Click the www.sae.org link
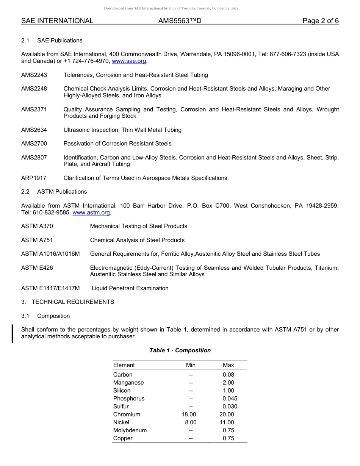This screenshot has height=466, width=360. pos(129,61)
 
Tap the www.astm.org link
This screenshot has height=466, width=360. pos(91,213)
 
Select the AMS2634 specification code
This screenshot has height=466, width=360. pos(34,130)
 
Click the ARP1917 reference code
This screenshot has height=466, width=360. pos(34,178)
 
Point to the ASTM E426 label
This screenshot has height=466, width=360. pos(37,268)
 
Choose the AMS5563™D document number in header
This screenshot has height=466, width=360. pos(180,21)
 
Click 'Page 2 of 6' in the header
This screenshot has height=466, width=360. pos(321,21)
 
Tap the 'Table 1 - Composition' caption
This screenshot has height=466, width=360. pos(180,350)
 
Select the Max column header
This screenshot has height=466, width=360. pos(229,365)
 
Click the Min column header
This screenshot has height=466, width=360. pos(191,365)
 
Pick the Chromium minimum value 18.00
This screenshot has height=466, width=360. pos(189,414)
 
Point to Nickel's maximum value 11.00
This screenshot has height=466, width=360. pos(227,422)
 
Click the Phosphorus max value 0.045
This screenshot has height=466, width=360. pos(230,399)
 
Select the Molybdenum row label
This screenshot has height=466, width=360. pos(130,430)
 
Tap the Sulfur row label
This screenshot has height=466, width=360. pos(121,407)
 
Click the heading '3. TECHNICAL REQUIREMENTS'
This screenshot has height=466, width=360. pos(67,302)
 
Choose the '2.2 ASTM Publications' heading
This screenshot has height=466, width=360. pos(54,192)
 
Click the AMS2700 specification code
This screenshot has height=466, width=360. pos(34,144)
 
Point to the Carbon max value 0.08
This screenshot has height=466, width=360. pos(229,375)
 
